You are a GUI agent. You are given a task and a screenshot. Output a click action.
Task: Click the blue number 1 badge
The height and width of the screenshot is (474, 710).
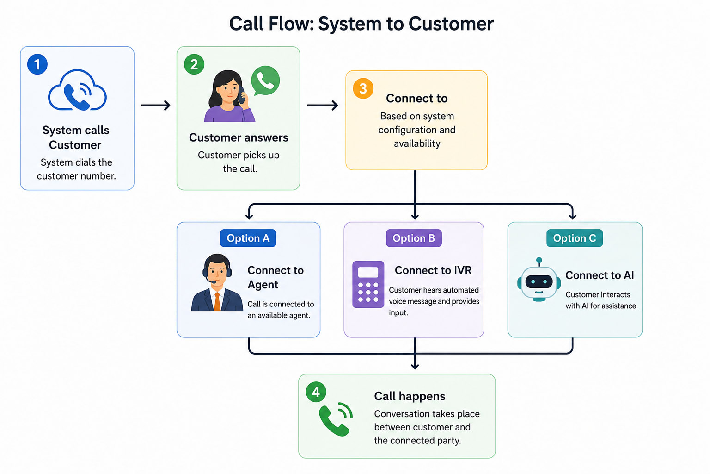coord(37,64)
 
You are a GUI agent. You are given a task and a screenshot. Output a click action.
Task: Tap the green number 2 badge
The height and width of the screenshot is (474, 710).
coord(194,64)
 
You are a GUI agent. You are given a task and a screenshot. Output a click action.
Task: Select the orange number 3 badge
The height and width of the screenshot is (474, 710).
coord(363,88)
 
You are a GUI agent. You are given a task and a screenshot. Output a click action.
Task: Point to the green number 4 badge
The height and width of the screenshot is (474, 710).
coord(316,392)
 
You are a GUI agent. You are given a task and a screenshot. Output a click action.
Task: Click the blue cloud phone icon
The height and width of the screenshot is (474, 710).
coord(77,90)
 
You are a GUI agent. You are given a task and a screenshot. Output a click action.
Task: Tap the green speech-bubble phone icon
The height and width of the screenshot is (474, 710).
coord(265,81)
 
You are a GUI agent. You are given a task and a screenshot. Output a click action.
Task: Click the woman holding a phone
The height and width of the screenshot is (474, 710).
coord(229,96)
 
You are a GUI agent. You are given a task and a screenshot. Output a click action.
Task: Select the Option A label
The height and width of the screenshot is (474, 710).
coord(248,238)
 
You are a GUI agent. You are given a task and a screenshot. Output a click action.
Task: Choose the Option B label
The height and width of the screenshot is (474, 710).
coord(414,238)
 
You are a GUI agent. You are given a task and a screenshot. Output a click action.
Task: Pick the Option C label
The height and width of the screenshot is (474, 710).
coord(575,238)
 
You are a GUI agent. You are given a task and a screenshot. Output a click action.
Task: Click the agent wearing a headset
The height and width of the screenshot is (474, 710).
coord(217,282)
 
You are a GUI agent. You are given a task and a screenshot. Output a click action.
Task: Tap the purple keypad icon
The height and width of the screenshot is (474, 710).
coord(368,285)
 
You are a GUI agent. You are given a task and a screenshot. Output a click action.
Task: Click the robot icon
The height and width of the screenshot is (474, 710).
coord(539,280)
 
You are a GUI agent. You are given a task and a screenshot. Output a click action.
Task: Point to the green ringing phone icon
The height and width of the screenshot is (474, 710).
coord(336,419)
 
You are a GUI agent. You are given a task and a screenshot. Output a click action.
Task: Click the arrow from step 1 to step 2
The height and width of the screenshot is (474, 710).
coord(156,106)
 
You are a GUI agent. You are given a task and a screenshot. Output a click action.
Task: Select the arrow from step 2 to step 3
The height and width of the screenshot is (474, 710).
coord(322,106)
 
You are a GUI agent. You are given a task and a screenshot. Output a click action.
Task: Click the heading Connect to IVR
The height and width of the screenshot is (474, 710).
coord(433,270)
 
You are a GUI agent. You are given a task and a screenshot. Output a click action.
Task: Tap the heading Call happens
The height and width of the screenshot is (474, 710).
coord(410,396)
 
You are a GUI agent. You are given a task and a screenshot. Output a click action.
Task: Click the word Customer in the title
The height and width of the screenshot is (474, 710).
coord(451,24)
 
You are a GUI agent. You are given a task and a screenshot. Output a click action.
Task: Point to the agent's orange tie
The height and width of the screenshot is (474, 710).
coord(217,301)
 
